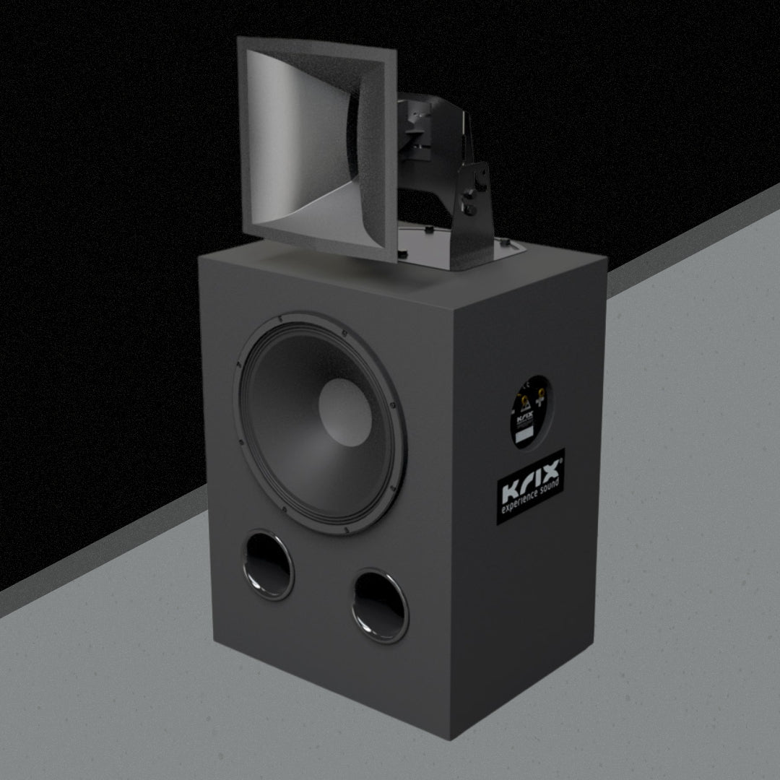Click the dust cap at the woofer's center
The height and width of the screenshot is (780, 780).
(345, 412)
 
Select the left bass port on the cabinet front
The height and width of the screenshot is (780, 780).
(268, 565)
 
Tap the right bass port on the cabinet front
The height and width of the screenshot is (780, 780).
(380, 605)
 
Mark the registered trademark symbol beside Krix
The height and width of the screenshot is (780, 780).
(560, 456)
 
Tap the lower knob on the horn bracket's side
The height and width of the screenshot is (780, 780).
(470, 209)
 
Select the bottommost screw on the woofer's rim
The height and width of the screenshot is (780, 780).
(346, 532)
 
